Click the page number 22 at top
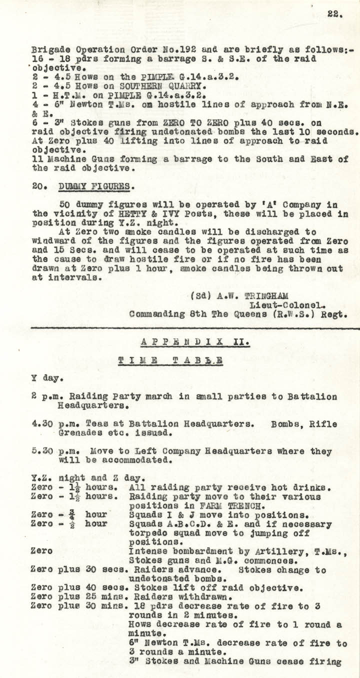[x=334, y=14]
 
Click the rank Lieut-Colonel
[x=284, y=305]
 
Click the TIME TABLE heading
[x=170, y=361]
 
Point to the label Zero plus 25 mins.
[x=76, y=597]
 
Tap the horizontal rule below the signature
[x=195, y=328]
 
